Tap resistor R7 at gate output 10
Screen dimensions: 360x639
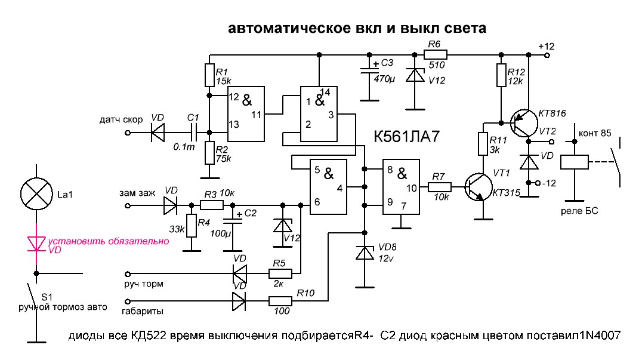pyautogui.click(x=440, y=187)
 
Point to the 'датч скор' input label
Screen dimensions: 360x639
pyautogui.click(x=121, y=120)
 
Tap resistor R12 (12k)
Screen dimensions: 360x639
pyautogui.click(x=500, y=75)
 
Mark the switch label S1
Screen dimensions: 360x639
pyautogui.click(x=47, y=297)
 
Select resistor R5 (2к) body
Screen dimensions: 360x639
pyautogui.click(x=280, y=274)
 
